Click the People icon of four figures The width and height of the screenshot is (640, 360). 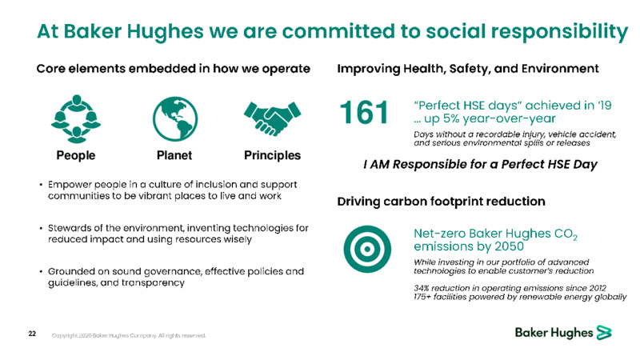click(x=76, y=118)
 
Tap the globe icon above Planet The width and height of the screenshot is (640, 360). click(x=175, y=118)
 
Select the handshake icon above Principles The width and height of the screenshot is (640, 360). click(x=272, y=118)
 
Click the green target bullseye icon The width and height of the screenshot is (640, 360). click(x=367, y=249)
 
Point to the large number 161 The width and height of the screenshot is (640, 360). click(x=364, y=113)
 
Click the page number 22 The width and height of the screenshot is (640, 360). click(x=32, y=334)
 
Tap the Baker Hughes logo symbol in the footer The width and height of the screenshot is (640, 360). click(x=604, y=333)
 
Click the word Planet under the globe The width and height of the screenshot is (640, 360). click(x=174, y=155)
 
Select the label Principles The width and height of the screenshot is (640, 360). click(x=272, y=155)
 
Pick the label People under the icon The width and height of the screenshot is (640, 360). click(x=76, y=155)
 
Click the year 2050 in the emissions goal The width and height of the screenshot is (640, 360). click(x=509, y=246)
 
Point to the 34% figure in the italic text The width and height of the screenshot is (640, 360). click(x=422, y=288)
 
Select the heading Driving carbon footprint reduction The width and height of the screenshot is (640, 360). click(x=442, y=202)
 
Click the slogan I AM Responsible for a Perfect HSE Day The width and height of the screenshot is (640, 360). click(x=481, y=165)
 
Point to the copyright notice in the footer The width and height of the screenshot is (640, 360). click(x=129, y=335)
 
